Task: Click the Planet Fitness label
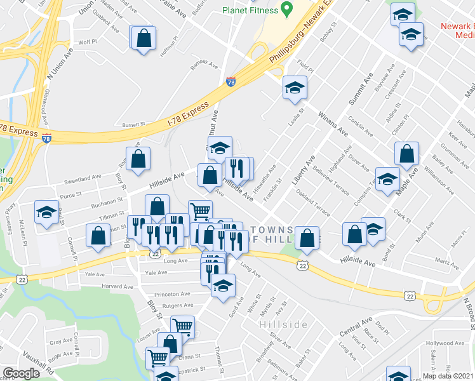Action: pos(250,10)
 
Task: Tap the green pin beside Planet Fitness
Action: pos(286,10)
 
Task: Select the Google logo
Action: pos(21,373)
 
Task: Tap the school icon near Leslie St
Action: pos(295,88)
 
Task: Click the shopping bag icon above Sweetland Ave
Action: pos(138,159)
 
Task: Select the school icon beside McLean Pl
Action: pos(46,213)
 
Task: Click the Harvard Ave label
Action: pos(117,287)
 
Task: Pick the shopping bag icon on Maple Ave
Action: pos(406,154)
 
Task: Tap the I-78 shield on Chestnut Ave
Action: pos(229,82)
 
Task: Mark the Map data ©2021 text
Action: pos(448,376)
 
